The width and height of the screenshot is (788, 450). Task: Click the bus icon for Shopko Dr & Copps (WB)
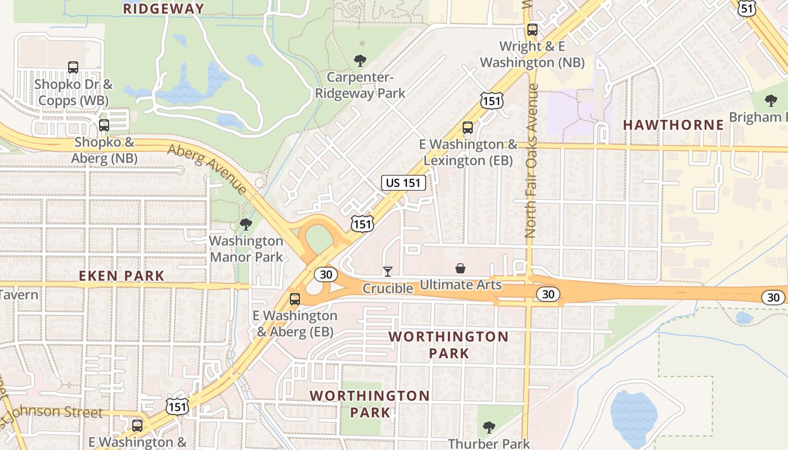73,67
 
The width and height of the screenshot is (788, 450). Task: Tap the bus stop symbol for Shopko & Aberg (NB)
104,125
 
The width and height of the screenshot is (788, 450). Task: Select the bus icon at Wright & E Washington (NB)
532,30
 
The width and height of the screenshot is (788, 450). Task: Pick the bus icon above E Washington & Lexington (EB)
468,128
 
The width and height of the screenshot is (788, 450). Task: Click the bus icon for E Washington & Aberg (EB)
295,299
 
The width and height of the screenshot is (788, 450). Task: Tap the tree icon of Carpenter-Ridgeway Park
360,60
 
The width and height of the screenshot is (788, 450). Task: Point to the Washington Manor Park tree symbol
245,224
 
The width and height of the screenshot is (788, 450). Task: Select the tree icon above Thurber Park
489,427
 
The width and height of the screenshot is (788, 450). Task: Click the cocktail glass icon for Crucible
387,272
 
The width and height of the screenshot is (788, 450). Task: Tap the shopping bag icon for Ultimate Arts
460,268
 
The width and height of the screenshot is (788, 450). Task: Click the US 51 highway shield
746,8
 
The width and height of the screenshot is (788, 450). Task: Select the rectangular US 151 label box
403,182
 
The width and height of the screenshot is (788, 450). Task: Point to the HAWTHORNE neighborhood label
673,125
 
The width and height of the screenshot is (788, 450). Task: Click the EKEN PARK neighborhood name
122,276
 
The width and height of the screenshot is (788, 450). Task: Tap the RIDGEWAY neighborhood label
163,8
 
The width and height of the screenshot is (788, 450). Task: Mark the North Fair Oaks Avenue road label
531,160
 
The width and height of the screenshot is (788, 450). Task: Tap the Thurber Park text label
489,444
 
